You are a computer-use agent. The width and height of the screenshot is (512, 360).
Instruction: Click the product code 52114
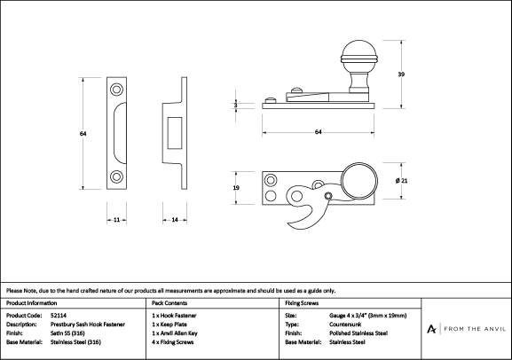pyautogui.click(x=59, y=316)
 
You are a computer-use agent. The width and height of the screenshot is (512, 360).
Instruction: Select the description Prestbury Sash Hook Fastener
pyautogui.click(x=88, y=325)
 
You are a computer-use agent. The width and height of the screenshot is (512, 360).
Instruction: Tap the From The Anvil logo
pyautogui.click(x=466, y=329)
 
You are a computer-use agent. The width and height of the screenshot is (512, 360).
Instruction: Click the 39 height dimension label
pyautogui.click(x=401, y=74)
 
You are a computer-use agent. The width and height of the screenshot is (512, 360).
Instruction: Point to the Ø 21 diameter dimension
pyautogui.click(x=401, y=181)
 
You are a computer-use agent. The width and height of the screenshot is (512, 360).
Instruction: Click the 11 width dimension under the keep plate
pyautogui.click(x=116, y=220)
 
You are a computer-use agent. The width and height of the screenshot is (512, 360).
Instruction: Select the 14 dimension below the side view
pyautogui.click(x=175, y=220)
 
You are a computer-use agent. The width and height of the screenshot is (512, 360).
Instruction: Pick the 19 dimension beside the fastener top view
pyautogui.click(x=236, y=188)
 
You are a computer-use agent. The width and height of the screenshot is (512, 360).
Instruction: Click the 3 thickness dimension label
pyautogui.click(x=236, y=106)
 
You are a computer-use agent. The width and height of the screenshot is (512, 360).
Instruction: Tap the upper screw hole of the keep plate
pyautogui.click(x=116, y=90)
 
